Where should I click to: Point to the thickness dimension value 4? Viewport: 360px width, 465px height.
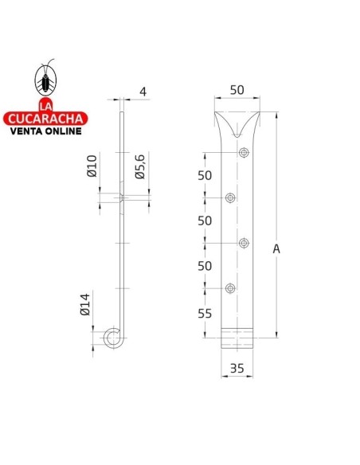click(143, 92)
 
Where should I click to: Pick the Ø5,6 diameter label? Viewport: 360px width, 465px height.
click(139, 169)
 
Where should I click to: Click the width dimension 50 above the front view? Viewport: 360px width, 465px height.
click(237, 91)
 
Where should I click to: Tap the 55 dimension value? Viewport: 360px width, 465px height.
click(205, 314)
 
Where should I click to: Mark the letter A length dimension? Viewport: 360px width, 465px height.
click(276, 248)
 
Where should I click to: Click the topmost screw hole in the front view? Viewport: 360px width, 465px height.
click(243, 153)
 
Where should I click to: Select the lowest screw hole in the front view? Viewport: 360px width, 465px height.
click(230, 287)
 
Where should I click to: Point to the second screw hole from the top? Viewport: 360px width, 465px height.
click(230, 197)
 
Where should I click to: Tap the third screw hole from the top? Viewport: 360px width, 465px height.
click(243, 243)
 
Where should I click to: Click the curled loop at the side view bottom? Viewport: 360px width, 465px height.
click(112, 340)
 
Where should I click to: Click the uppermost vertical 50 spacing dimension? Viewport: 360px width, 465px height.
click(205, 175)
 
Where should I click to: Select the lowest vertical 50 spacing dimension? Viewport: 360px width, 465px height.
click(205, 265)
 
